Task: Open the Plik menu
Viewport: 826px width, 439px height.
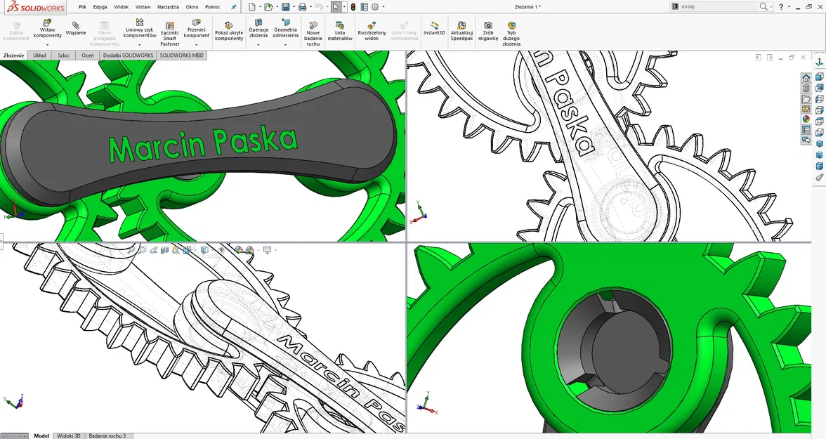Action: point(82,6)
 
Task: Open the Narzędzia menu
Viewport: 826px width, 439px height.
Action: point(167,6)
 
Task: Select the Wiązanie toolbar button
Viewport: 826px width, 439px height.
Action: point(76,28)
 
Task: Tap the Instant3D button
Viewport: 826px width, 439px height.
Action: point(434,28)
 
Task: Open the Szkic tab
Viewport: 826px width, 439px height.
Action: point(63,55)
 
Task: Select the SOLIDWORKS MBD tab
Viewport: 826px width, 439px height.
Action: point(182,55)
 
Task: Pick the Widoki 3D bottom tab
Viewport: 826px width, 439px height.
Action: point(69,435)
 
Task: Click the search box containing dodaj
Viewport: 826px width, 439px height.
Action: point(716,6)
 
